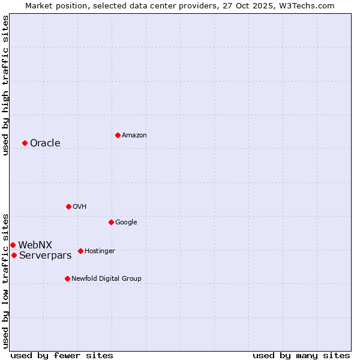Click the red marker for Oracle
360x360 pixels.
pyautogui.click(x=25, y=143)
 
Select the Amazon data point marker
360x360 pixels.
pyautogui.click(x=118, y=135)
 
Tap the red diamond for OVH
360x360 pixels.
pyautogui.click(x=68, y=206)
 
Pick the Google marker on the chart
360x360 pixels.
pyautogui.click(x=111, y=222)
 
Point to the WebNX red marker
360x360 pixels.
pyautogui.click(x=13, y=245)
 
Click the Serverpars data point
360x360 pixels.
pyautogui.click(x=14, y=255)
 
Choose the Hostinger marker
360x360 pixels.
pyautogui.click(x=80, y=251)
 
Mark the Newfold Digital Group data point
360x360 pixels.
pyautogui.click(x=67, y=278)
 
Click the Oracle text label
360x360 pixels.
pyautogui.click(x=45, y=143)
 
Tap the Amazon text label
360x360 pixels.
pyautogui.click(x=134, y=135)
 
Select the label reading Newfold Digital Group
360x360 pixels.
pyautogui.click(x=106, y=278)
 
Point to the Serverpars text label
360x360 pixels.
pyautogui.click(x=45, y=255)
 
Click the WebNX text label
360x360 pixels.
pyautogui.click(x=35, y=245)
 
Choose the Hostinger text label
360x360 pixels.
pyautogui.click(x=100, y=251)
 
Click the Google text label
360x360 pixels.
pyautogui.click(x=126, y=222)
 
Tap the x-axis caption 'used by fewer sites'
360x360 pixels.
pyautogui.click(x=62, y=355)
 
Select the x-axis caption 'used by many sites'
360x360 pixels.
pyautogui.click(x=301, y=355)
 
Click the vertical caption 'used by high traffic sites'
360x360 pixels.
pyautogui.click(x=5, y=85)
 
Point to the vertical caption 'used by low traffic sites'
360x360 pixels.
pyautogui.click(x=5, y=280)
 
